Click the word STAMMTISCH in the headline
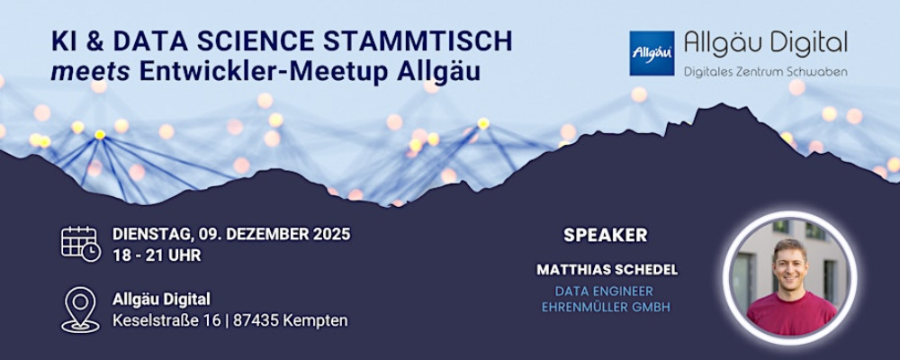418,41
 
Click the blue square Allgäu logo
652,53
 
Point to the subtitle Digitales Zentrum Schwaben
765,72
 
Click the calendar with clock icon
81,243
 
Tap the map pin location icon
80,310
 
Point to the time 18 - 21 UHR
157,256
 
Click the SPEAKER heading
606,236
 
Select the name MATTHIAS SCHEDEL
607,270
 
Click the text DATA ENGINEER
605,292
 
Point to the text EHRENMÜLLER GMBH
606,307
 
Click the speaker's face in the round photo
790,266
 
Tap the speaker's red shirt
791,314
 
